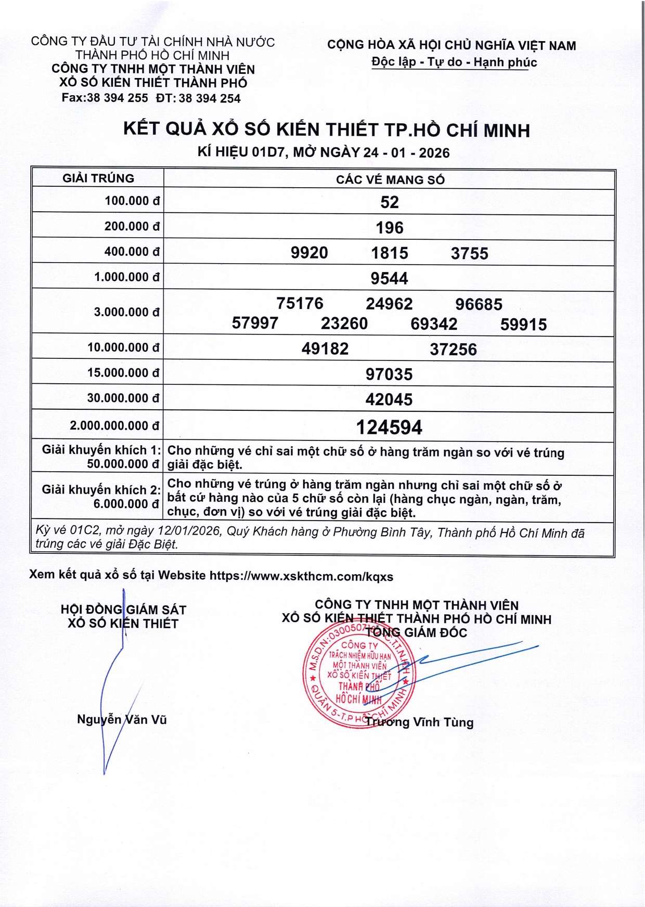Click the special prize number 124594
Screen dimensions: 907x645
[389, 427]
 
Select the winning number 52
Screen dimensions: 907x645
[390, 202]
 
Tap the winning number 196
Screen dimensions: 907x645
[390, 227]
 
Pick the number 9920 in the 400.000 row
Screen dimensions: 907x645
[309, 253]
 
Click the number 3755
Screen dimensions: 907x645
[470, 253]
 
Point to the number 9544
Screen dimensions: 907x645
[389, 278]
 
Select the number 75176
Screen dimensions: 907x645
[300, 303]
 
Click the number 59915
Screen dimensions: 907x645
[523, 325]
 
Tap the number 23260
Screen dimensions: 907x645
[344, 323]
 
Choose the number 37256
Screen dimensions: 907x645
[453, 349]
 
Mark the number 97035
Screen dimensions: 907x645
[389, 374]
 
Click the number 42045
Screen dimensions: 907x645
[389, 399]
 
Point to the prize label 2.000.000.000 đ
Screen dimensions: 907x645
[114, 425]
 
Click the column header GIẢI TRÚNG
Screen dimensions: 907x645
[98, 178]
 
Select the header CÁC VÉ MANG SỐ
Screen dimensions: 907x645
[390, 180]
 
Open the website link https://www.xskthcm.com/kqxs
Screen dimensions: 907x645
[301, 576]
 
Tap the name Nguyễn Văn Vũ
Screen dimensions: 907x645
[122, 720]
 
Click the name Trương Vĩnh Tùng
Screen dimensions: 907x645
[419, 722]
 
